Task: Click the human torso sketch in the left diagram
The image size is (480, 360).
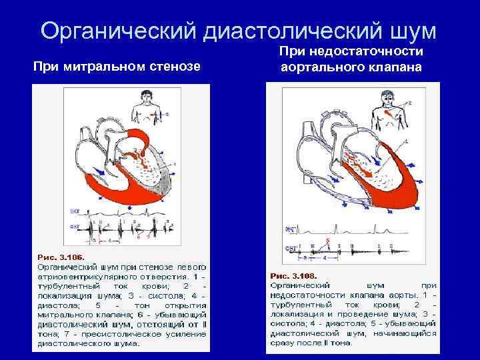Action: [x=148, y=107]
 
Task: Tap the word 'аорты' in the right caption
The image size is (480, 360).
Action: [x=402, y=293]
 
